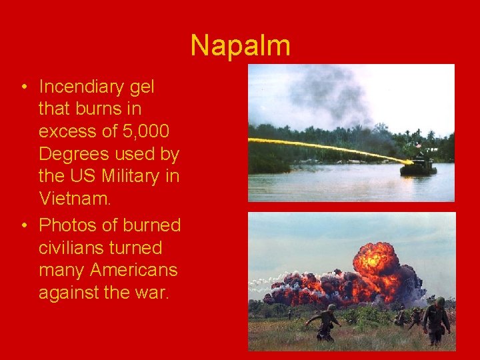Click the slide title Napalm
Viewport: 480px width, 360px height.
240,46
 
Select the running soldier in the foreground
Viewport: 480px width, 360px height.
326,322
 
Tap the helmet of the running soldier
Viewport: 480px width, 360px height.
331,308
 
